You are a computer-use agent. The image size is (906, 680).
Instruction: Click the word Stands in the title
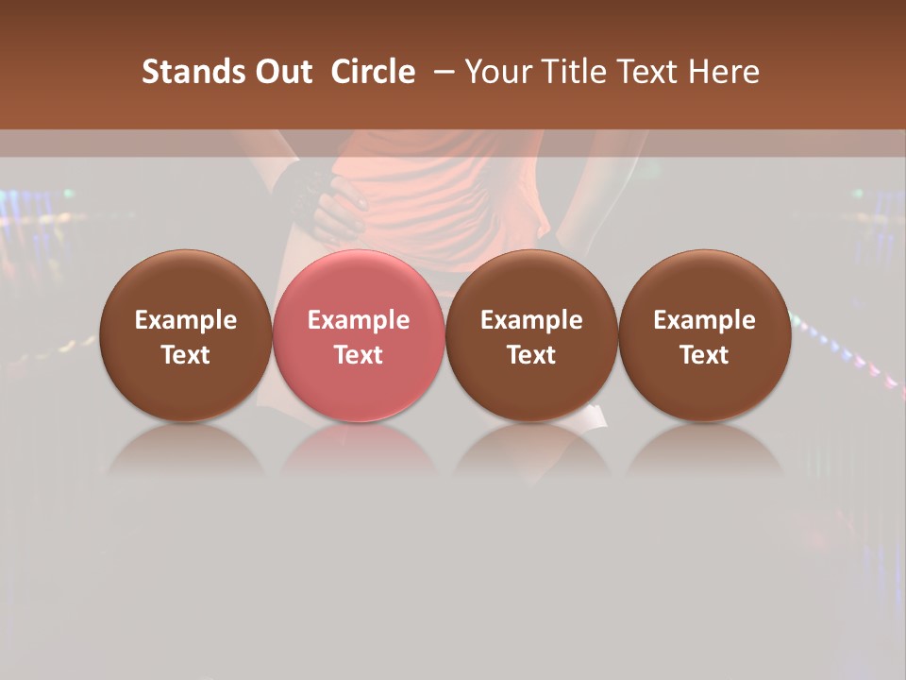point(193,72)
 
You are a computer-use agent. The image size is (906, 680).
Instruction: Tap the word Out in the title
point(281,72)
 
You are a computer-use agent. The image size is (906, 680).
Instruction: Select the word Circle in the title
point(373,72)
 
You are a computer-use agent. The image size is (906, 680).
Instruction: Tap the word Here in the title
point(722,72)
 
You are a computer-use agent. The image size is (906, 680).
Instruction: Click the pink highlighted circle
point(358,283)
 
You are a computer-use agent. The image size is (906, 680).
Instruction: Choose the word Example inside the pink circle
point(358,320)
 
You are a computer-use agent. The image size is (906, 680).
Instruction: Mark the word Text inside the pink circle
point(358,355)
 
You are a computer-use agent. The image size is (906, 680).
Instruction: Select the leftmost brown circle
point(185,283)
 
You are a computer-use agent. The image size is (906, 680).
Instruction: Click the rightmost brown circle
point(704,283)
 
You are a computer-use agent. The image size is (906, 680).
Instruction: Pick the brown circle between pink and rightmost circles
point(531,283)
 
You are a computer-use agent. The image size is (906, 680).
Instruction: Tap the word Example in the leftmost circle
point(185,320)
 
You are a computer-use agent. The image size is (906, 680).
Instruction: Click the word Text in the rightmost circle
point(704,355)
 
